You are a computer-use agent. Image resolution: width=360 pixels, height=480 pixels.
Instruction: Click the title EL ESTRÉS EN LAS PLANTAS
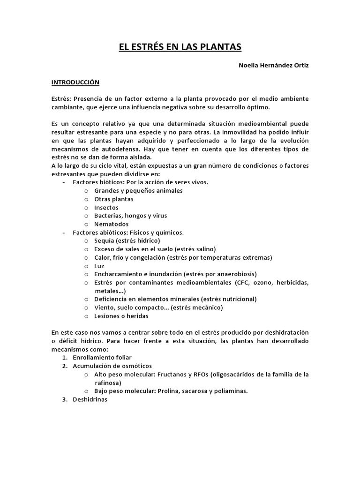[x=180, y=47]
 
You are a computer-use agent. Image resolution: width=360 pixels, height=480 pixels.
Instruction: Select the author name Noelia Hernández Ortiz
[x=274, y=65]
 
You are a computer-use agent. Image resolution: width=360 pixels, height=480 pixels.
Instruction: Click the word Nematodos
[x=111, y=224]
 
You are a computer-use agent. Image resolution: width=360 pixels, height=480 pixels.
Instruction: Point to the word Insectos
[x=106, y=207]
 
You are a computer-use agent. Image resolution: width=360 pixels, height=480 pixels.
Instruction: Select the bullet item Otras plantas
[x=114, y=199]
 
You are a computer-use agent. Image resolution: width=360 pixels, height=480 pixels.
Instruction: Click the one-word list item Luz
[x=99, y=266]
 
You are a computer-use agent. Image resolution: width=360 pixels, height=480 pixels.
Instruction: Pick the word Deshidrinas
[x=90, y=399]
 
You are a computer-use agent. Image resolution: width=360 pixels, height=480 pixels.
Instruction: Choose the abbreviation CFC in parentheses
[x=241, y=283]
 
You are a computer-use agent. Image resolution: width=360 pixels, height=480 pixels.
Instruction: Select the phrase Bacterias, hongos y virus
[x=130, y=216]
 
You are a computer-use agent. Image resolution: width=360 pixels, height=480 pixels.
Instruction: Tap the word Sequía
[x=105, y=240]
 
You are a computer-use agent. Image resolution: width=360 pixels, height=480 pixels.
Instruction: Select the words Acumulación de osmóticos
[x=112, y=366]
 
